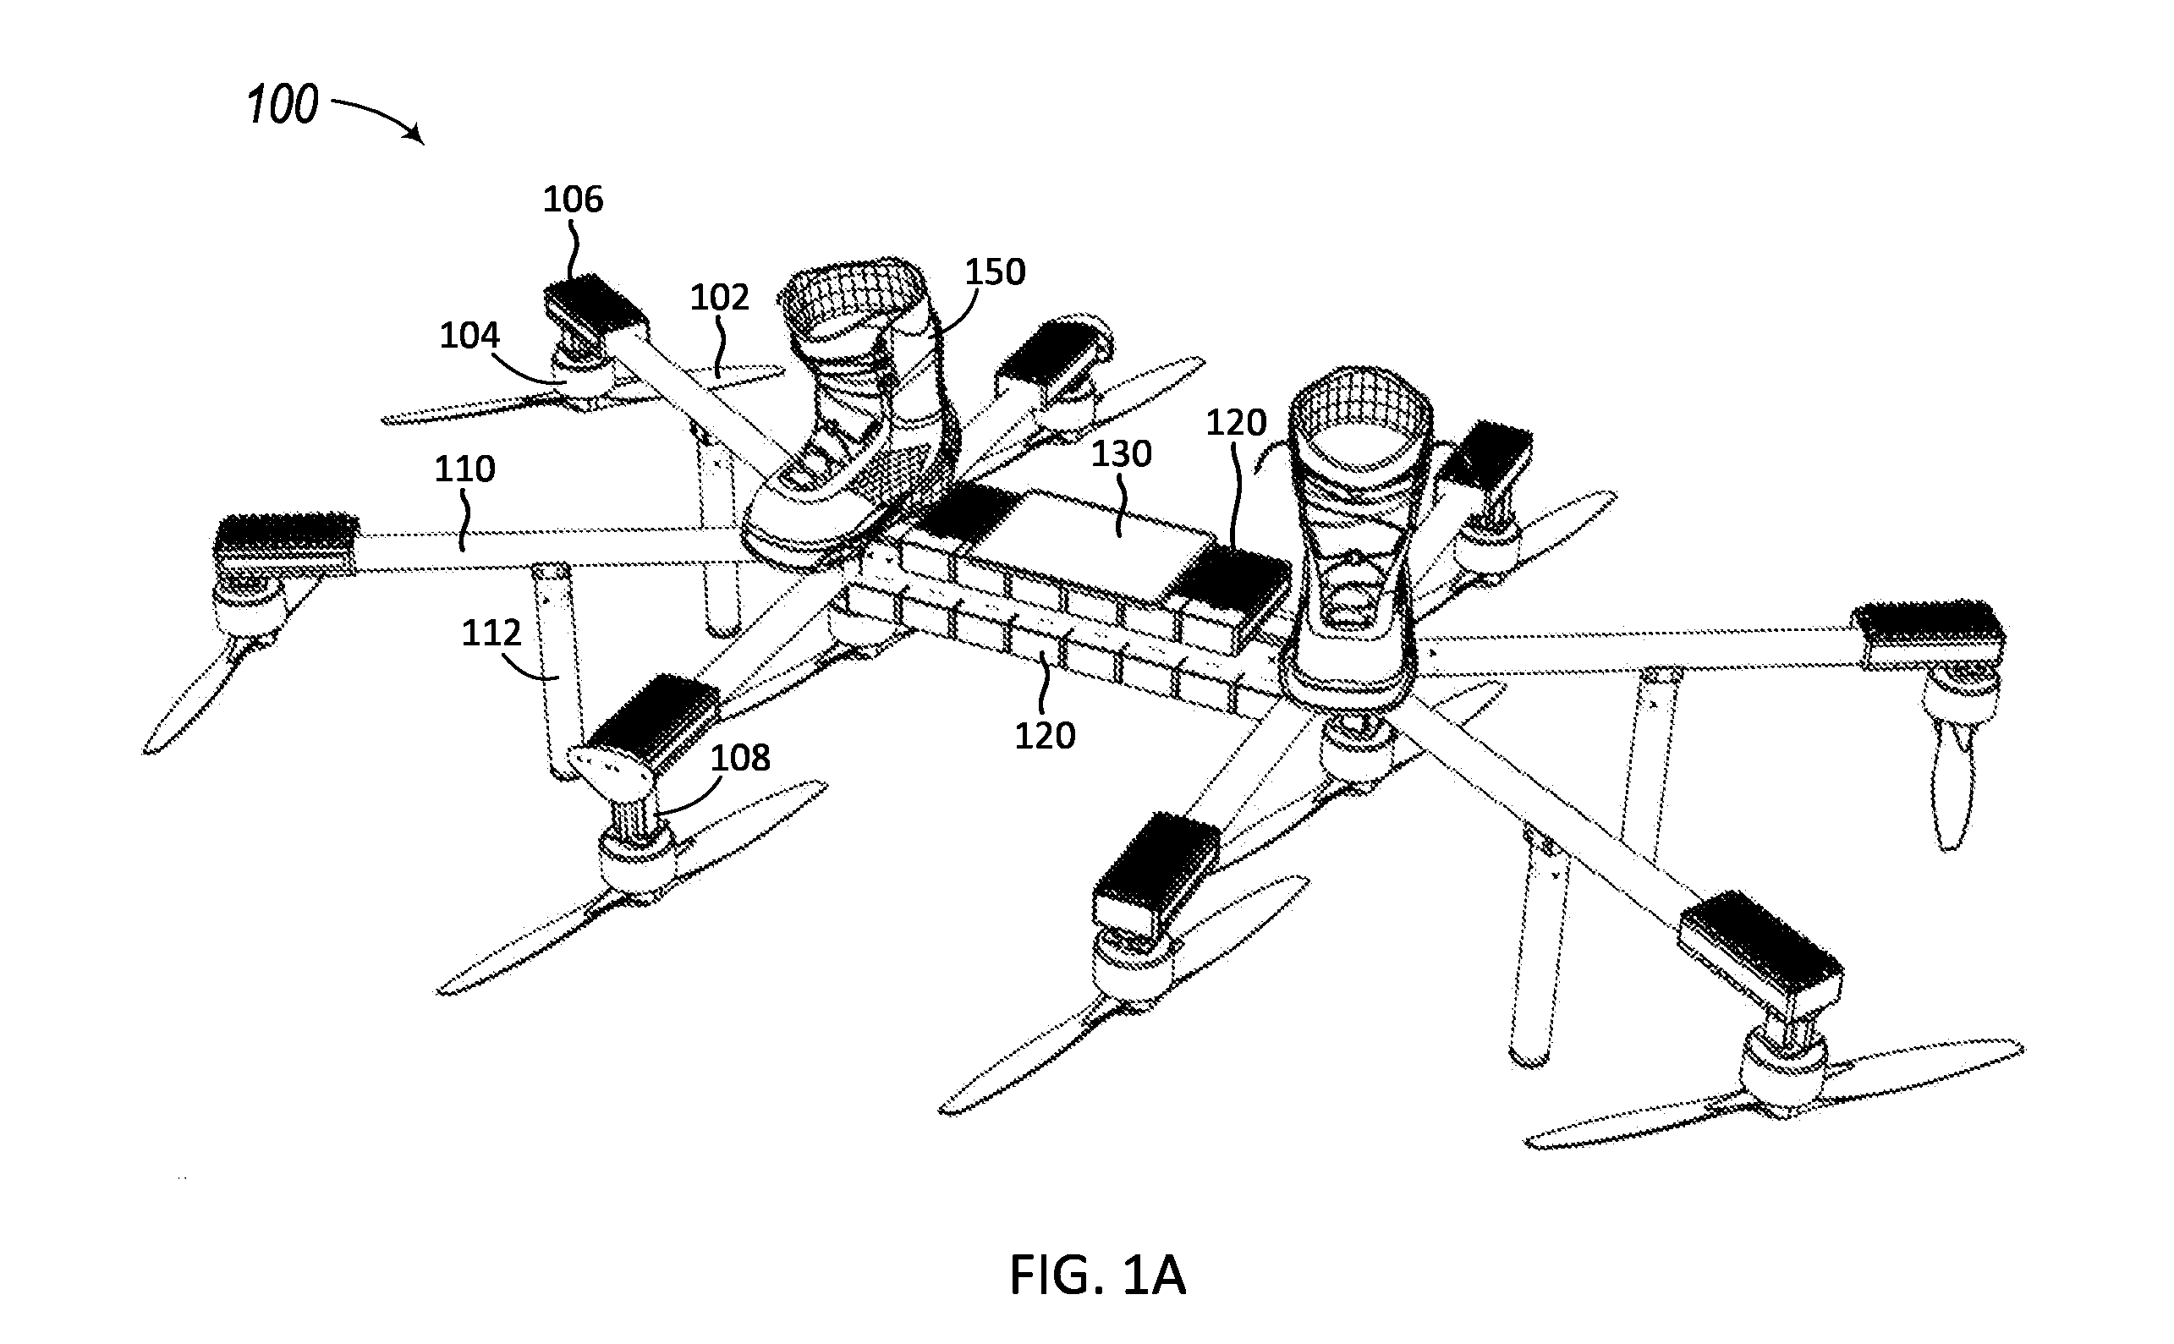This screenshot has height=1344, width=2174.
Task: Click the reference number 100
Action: [x=283, y=105]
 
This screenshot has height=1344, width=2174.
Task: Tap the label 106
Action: [x=574, y=199]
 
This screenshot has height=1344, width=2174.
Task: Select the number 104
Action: [x=470, y=335]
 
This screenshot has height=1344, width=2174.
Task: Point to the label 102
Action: [x=720, y=297]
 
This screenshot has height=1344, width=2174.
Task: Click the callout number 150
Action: [x=996, y=272]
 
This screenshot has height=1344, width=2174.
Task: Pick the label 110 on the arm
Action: [x=465, y=469]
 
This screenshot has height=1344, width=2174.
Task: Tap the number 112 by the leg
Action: [x=491, y=633]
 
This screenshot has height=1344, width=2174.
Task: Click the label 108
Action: [x=740, y=757]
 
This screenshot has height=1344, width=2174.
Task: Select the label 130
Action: [x=1122, y=454]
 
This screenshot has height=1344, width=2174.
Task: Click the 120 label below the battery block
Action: [x=1046, y=736]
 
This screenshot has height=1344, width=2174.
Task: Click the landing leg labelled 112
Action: [x=558, y=671]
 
